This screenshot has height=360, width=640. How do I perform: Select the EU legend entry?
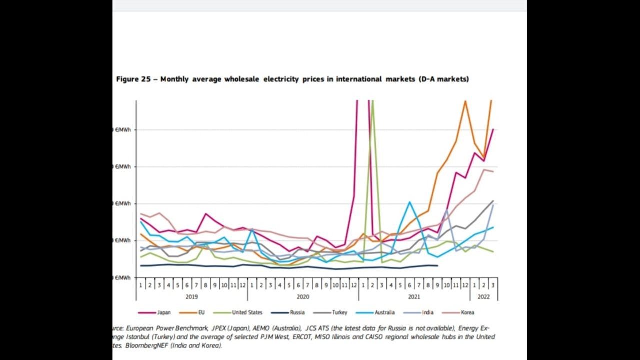pyautogui.click(x=201, y=312)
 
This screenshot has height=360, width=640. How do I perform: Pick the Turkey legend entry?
pyautogui.click(x=339, y=312)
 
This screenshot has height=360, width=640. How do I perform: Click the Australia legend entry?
pyautogui.click(x=384, y=312)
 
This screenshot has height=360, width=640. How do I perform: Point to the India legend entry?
pyautogui.click(x=427, y=312)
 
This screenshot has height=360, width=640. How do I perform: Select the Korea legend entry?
pyautogui.click(x=467, y=312)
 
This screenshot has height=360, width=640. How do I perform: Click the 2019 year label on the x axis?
pyautogui.click(x=191, y=296)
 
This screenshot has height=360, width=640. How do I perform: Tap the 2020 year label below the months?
pyautogui.click(x=303, y=296)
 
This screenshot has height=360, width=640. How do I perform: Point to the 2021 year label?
pyautogui.click(x=414, y=296)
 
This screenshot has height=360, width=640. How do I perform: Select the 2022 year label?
pyautogui.click(x=484, y=296)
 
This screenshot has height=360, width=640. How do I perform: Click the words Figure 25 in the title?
pyautogui.click(x=135, y=79)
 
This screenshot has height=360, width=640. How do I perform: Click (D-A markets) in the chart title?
pyautogui.click(x=444, y=79)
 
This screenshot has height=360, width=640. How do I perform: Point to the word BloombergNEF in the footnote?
pyautogui.click(x=144, y=345)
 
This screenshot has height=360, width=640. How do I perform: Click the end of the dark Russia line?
pyautogui.click(x=438, y=266)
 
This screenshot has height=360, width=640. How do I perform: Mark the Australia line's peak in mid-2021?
pyautogui.click(x=409, y=202)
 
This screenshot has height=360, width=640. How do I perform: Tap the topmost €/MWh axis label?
pyautogui.click(x=123, y=130)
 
